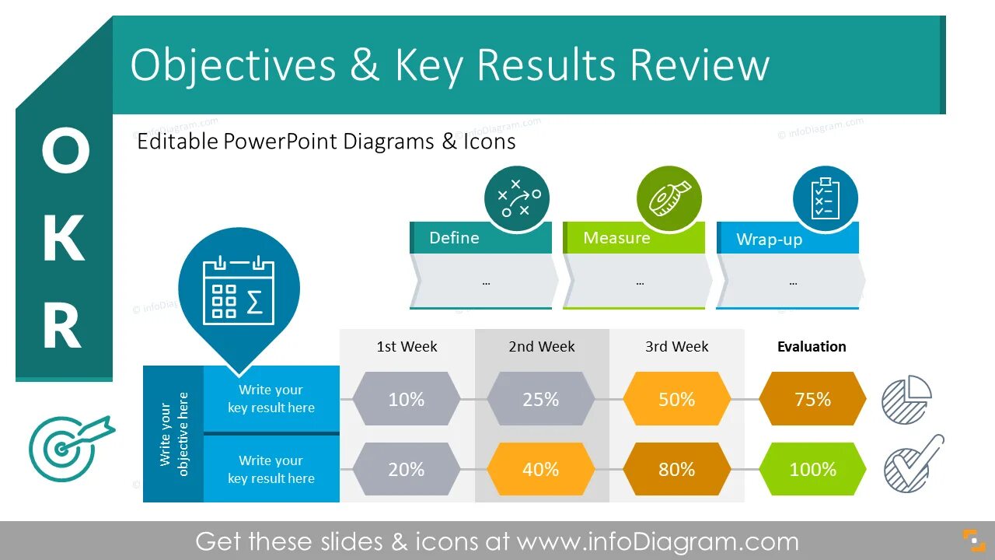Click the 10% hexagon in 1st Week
407,399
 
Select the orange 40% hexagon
541,469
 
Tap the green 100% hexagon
812,469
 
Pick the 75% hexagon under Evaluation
812,399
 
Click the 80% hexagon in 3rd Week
676,469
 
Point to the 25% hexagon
541,399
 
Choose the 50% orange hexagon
676,399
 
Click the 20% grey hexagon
407,469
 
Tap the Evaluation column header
812,347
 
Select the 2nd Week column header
542,347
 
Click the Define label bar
480,238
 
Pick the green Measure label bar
633,238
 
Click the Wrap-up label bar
787,239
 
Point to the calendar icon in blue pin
239,289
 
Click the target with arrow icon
68,446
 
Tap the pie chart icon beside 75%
906,400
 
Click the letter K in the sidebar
63,239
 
